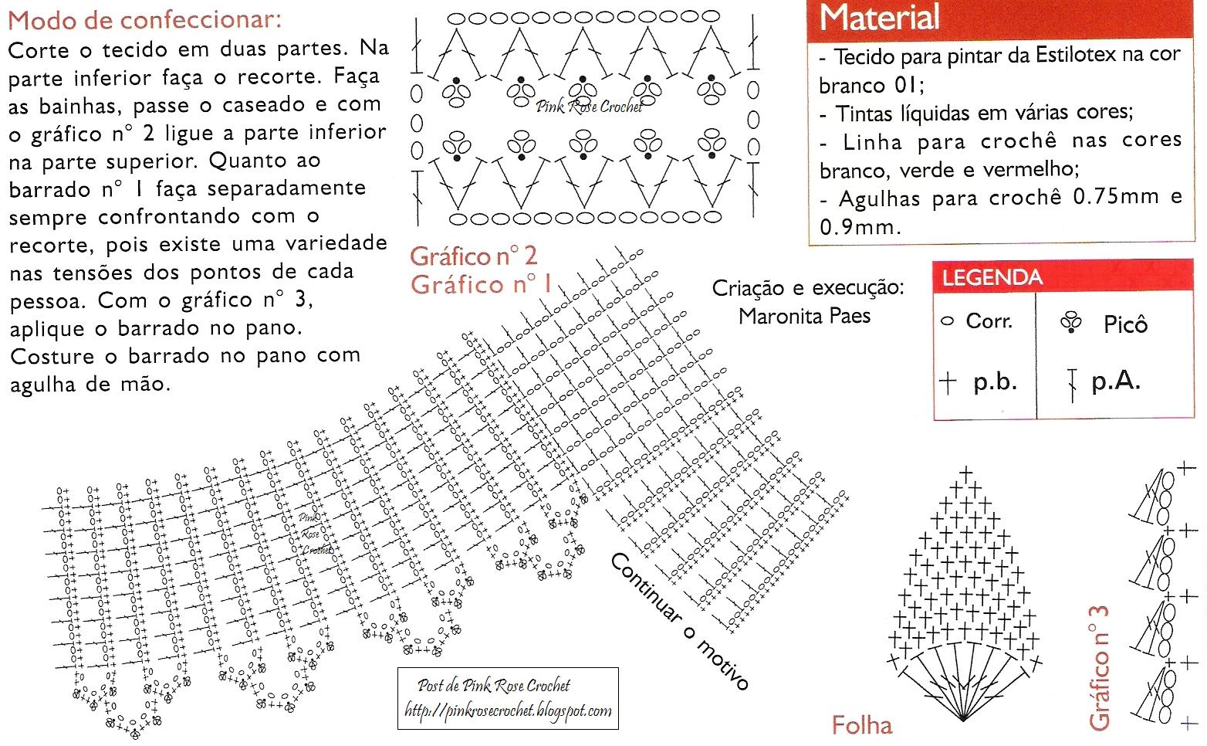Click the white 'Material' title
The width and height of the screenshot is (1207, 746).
[879, 18]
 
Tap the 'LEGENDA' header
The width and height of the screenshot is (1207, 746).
[992, 277]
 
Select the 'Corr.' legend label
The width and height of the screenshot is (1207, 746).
[989, 321]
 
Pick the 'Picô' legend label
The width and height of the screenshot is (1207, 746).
[1125, 324]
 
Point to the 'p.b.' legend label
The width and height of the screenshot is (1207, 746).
[995, 381]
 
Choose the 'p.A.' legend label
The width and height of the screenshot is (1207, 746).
[1115, 381]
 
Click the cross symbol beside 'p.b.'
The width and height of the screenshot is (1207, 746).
[948, 381]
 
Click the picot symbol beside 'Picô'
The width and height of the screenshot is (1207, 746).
[1071, 323]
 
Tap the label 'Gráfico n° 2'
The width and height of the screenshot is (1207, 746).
[473, 256]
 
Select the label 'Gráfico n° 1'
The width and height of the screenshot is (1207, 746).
[481, 284]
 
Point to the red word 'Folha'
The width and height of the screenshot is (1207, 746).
[862, 724]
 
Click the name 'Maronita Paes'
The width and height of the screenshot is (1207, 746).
[804, 316]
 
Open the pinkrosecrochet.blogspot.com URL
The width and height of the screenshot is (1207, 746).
[508, 710]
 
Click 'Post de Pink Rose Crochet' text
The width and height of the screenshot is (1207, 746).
[494, 685]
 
